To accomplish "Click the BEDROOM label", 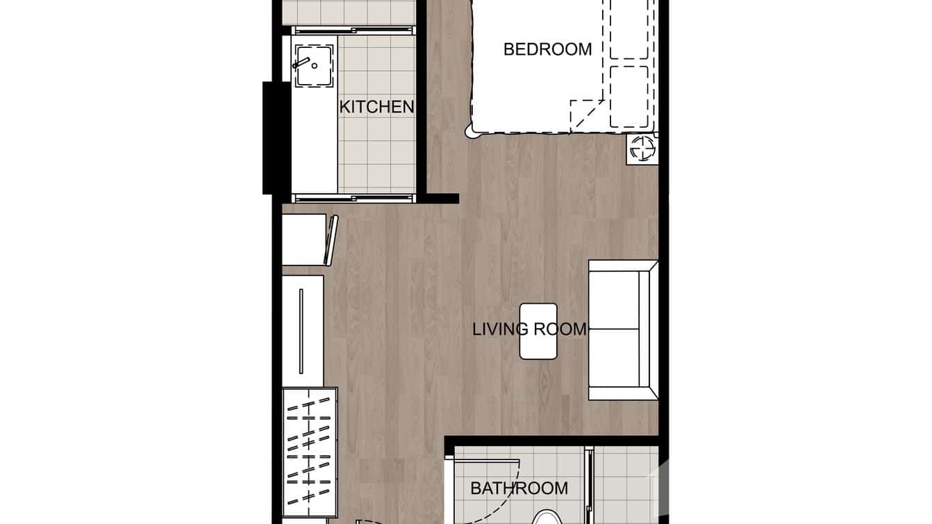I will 547,49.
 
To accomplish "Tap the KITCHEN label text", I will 376,107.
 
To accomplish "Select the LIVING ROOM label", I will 529,329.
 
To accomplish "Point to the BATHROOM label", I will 519,489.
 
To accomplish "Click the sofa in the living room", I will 622,330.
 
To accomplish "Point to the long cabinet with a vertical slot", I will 302,330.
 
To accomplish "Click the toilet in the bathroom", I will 548,517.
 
